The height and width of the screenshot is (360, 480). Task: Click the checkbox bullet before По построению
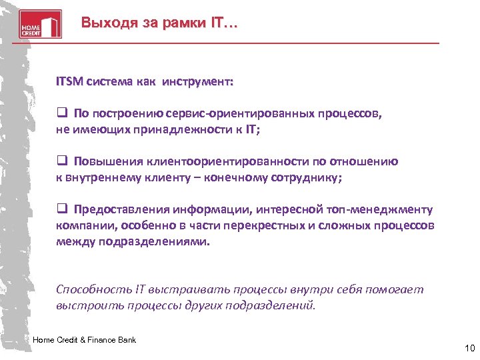(x=61, y=113)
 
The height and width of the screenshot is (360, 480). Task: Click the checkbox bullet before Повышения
(x=61, y=161)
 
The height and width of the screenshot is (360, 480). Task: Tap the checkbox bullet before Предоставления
(x=61, y=209)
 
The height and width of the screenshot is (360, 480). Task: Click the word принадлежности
(x=187, y=129)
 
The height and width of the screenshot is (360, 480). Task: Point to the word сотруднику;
(x=307, y=177)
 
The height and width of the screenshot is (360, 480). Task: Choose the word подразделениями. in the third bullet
(x=154, y=241)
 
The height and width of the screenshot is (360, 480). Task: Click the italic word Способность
(x=94, y=289)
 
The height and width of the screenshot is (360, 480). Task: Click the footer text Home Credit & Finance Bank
(x=84, y=340)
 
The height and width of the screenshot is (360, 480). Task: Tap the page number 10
(x=468, y=348)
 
